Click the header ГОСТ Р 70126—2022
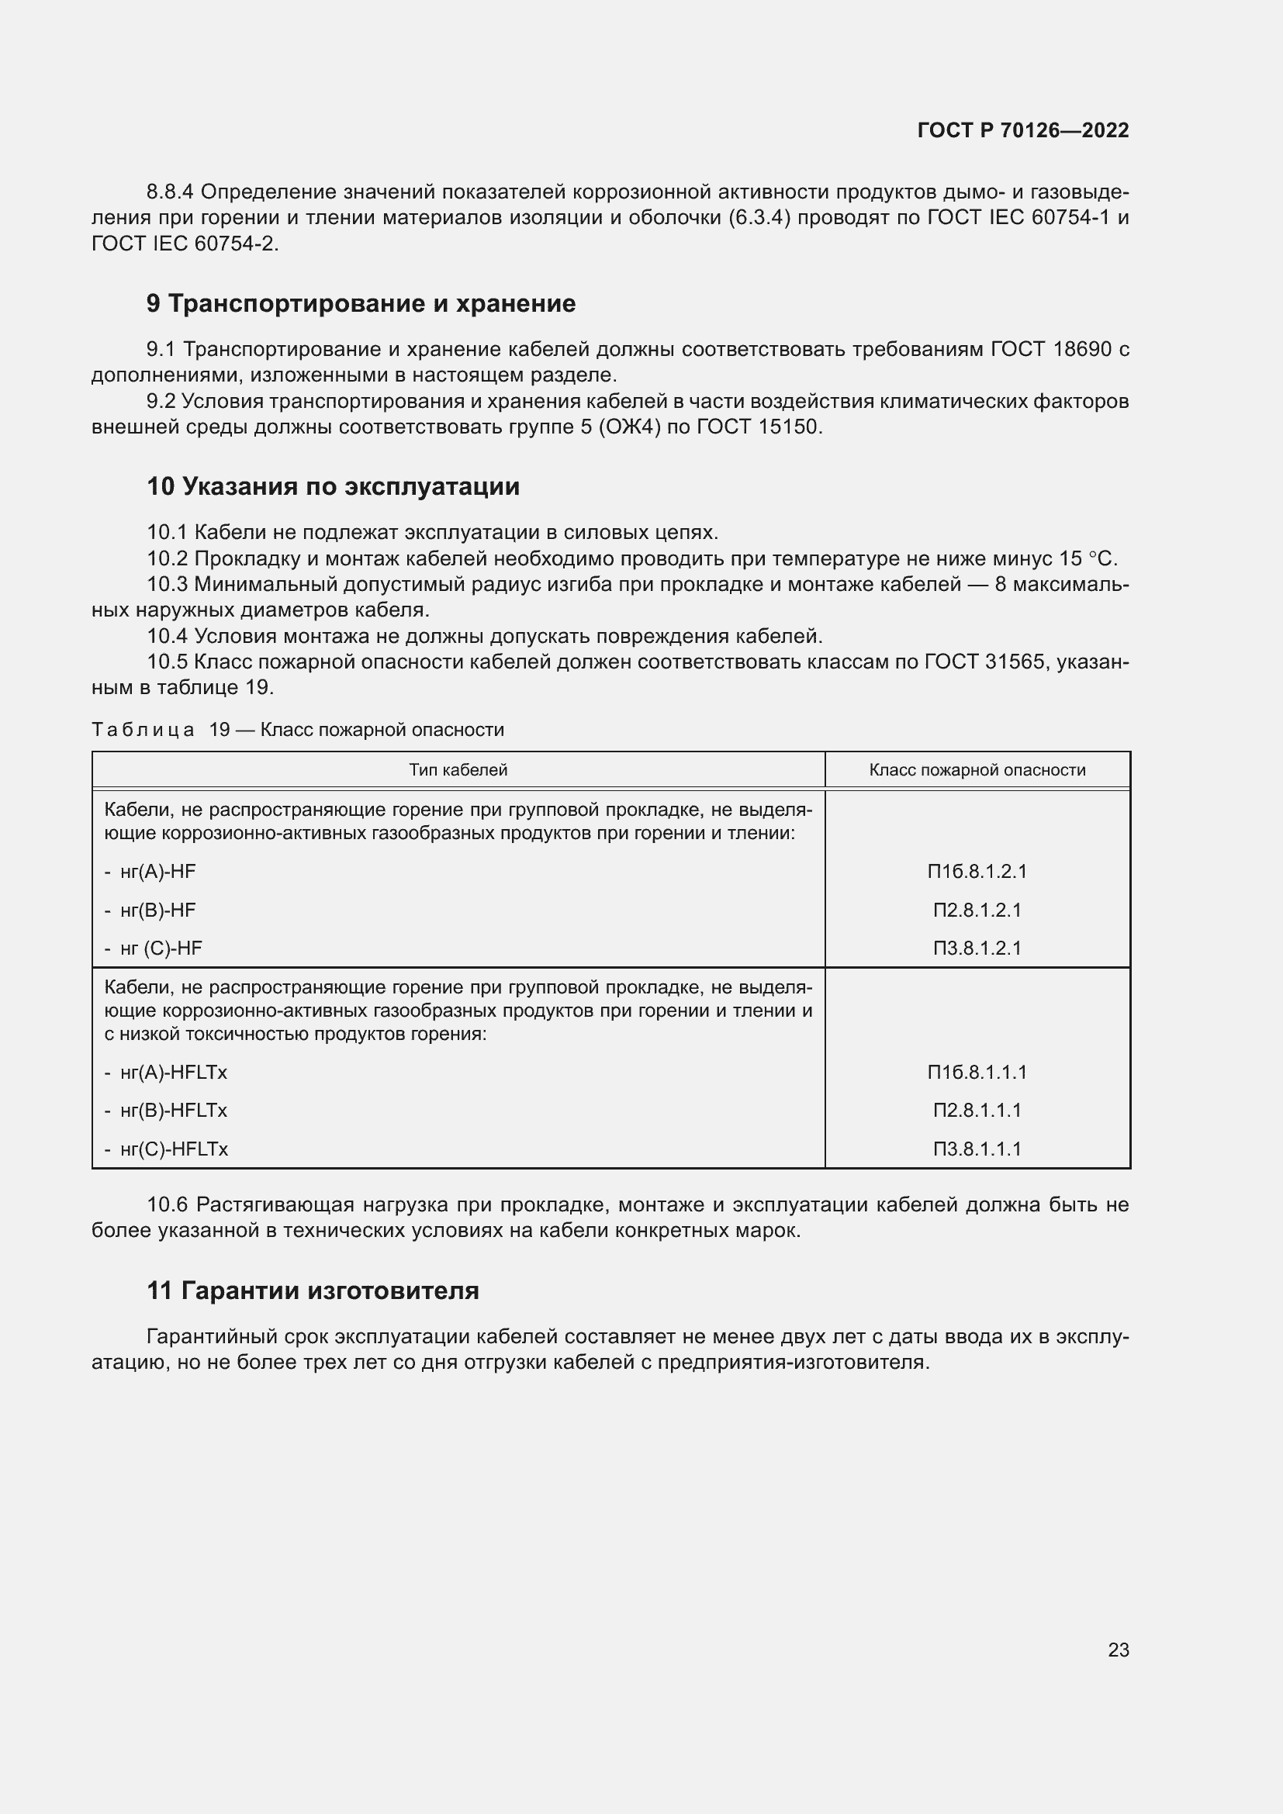(x=1023, y=130)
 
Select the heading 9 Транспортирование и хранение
(x=361, y=303)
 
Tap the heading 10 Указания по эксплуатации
(x=333, y=486)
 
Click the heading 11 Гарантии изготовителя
(x=313, y=1291)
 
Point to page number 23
(x=1118, y=1650)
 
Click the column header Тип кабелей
(x=458, y=769)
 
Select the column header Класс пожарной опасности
(x=977, y=769)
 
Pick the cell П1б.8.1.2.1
(x=977, y=872)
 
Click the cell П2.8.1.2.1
(x=977, y=910)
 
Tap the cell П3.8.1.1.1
(x=977, y=1149)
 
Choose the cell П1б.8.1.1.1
(x=977, y=1072)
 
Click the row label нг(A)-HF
(x=157, y=872)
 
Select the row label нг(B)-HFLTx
(x=173, y=1110)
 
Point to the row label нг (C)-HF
(x=161, y=948)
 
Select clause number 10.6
(x=168, y=1204)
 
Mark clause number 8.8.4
(x=170, y=192)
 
